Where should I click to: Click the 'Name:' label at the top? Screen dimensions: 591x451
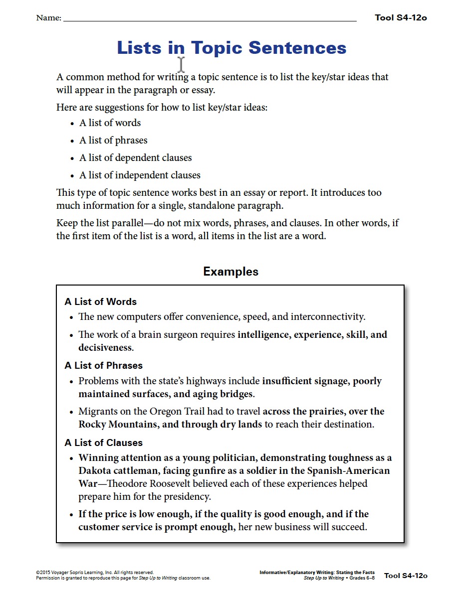pos(48,18)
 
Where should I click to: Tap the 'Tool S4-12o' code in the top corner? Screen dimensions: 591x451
pos(401,18)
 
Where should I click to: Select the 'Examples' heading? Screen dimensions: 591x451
pos(230,272)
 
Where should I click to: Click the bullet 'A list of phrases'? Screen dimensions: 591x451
pos(113,141)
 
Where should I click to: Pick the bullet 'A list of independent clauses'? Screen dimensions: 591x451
pos(140,175)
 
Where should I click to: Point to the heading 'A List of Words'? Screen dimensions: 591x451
pos(100,301)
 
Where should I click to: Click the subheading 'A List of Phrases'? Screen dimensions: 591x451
pos(103,366)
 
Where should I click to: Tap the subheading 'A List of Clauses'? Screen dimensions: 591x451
pos(103,443)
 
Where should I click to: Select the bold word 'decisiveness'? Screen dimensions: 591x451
pos(105,348)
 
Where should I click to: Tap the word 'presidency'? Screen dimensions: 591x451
pos(187,497)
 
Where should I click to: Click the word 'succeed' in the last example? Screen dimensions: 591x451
pos(348,527)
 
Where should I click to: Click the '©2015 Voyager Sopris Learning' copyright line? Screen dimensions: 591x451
pos(94,573)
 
